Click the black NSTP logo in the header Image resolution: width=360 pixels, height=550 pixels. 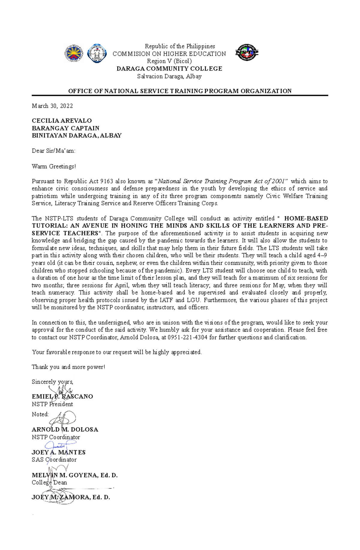[x=247, y=52]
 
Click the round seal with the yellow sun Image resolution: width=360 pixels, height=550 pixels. [x=74, y=53]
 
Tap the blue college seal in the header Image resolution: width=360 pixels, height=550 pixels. [x=97, y=53]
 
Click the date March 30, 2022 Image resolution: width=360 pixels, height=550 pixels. [x=52, y=106]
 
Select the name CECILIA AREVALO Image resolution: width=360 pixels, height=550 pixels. [x=62, y=121]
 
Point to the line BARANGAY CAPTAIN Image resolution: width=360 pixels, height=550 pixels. [x=65, y=128]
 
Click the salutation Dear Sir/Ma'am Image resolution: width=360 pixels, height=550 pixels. [x=53, y=151]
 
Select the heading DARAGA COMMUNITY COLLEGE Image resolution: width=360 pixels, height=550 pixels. [x=169, y=69]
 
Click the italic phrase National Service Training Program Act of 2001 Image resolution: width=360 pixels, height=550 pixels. [x=223, y=181]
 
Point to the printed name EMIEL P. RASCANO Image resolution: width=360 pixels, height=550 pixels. [x=62, y=397]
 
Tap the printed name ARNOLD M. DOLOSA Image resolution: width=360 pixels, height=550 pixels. [x=65, y=430]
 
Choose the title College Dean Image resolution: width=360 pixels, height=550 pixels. [x=49, y=483]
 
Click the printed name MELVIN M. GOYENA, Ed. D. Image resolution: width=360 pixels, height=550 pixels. [x=74, y=475]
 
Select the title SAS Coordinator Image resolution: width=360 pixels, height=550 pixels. [x=54, y=460]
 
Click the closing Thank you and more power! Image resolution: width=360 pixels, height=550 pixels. [x=68, y=367]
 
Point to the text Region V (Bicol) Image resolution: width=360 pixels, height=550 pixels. [x=169, y=61]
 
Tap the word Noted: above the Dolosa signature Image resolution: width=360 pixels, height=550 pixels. [x=40, y=415]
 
